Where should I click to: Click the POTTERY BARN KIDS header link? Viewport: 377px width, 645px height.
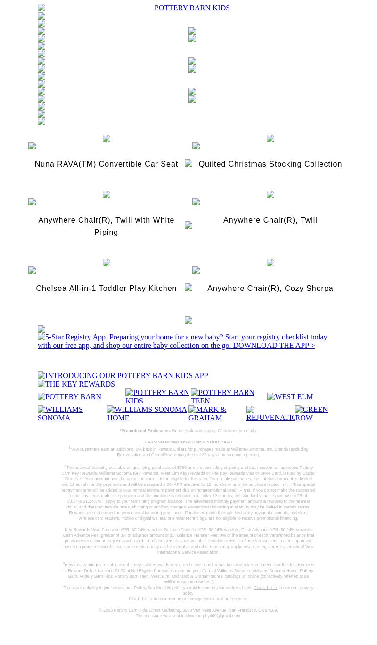coord(192,8)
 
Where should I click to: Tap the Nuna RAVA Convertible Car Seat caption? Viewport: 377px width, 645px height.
coord(106,164)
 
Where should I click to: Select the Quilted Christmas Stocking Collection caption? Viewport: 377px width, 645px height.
coord(270,164)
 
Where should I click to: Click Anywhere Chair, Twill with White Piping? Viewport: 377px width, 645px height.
coord(106,226)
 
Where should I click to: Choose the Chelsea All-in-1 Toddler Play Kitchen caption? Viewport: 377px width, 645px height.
coord(106,289)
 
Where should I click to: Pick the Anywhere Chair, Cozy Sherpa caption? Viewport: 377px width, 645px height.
coord(270,289)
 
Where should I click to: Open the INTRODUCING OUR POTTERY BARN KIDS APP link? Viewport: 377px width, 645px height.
coord(123,376)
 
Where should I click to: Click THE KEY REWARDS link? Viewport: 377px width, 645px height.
coord(76,384)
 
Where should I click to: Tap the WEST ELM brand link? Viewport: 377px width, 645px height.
coord(290,397)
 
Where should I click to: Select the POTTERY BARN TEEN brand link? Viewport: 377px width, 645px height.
coord(222,396)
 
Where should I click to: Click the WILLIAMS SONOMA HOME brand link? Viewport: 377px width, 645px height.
coord(147,413)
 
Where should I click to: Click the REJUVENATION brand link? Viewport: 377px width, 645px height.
coord(270,414)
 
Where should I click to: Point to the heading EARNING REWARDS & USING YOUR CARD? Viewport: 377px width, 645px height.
coord(188,443)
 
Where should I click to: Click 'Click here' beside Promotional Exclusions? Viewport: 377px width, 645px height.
coord(227,431)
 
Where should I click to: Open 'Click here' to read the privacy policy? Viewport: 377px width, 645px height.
coord(265,588)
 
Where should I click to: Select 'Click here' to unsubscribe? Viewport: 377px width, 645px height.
coord(140,599)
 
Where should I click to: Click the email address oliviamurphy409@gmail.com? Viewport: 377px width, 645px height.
coord(213,616)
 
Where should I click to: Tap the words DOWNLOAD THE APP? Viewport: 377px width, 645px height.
coord(274,346)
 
